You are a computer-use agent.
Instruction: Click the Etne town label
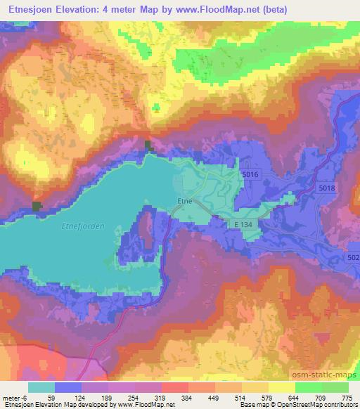tap(184, 200)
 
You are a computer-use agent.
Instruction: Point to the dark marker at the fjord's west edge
tap(37, 206)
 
